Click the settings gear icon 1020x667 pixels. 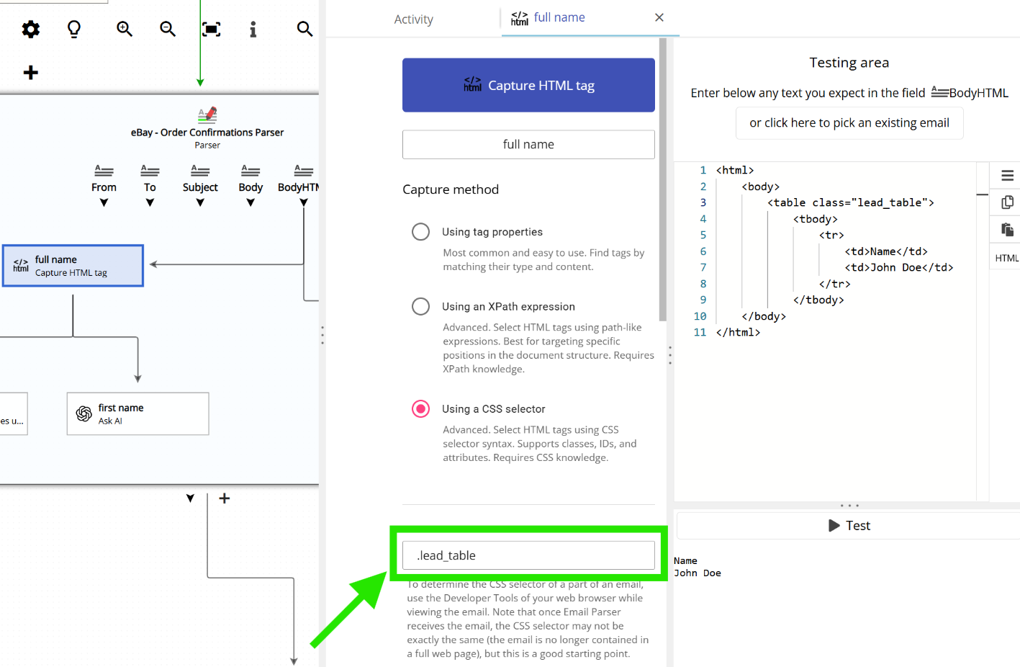(x=30, y=29)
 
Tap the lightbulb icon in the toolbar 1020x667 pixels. (x=74, y=29)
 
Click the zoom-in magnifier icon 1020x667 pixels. (x=125, y=29)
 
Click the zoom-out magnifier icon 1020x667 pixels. (x=168, y=29)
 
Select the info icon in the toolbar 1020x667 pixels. (x=253, y=29)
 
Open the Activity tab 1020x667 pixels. (x=413, y=19)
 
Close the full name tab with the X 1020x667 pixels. (x=659, y=17)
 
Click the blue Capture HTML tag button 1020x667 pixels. (x=528, y=85)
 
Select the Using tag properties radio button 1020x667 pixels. (x=420, y=232)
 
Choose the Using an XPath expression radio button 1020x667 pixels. (x=420, y=307)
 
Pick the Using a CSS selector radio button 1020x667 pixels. (x=420, y=409)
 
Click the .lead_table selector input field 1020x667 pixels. (x=528, y=555)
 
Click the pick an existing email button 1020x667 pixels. (x=849, y=123)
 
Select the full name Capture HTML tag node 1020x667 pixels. (x=73, y=266)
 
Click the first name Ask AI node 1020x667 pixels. (x=137, y=414)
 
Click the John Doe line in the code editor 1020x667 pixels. (x=898, y=268)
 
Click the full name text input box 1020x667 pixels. (x=528, y=145)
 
